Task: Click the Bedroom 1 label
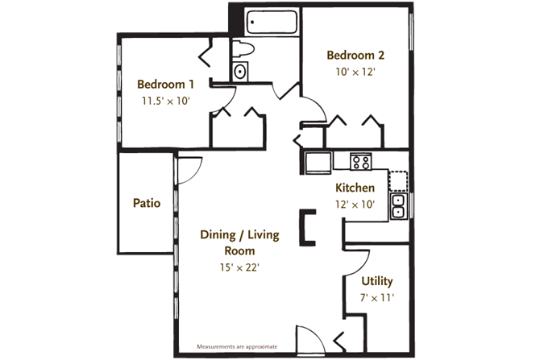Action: pyautogui.click(x=165, y=85)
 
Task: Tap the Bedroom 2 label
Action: pyautogui.click(x=355, y=56)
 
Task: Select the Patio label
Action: pyautogui.click(x=146, y=203)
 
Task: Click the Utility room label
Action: pyautogui.click(x=376, y=281)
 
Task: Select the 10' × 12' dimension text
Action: pyautogui.click(x=355, y=72)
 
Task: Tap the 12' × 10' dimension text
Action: pyautogui.click(x=355, y=204)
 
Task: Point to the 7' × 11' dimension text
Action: pyautogui.click(x=376, y=298)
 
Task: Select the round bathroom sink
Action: pyautogui.click(x=240, y=72)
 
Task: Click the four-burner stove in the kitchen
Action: pyautogui.click(x=361, y=162)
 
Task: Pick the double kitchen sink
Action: pyautogui.click(x=398, y=206)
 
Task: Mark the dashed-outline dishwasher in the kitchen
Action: pyautogui.click(x=398, y=179)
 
